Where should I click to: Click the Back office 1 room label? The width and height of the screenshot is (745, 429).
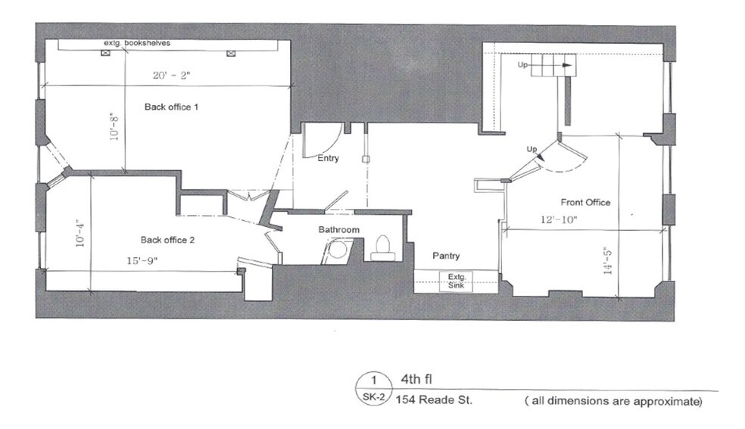(x=171, y=107)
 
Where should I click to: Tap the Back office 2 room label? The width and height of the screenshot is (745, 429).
(x=167, y=240)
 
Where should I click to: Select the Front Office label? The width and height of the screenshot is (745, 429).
(x=585, y=202)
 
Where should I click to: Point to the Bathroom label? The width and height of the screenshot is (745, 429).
(x=338, y=230)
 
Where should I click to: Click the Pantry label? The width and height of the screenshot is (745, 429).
(x=446, y=256)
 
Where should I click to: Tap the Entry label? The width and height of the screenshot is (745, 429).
(x=328, y=158)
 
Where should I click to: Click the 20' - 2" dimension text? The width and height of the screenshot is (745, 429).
(x=172, y=75)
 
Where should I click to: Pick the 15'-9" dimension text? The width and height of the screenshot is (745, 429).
(x=142, y=260)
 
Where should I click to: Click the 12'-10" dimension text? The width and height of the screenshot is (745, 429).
(x=559, y=219)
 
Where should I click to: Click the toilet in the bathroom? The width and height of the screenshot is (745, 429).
(x=382, y=248)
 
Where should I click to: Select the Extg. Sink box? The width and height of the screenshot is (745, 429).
(x=457, y=281)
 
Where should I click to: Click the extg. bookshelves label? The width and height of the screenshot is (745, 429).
(x=137, y=42)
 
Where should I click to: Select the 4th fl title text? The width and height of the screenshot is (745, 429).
(x=416, y=379)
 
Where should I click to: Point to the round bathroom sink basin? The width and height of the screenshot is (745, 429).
(x=338, y=250)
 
